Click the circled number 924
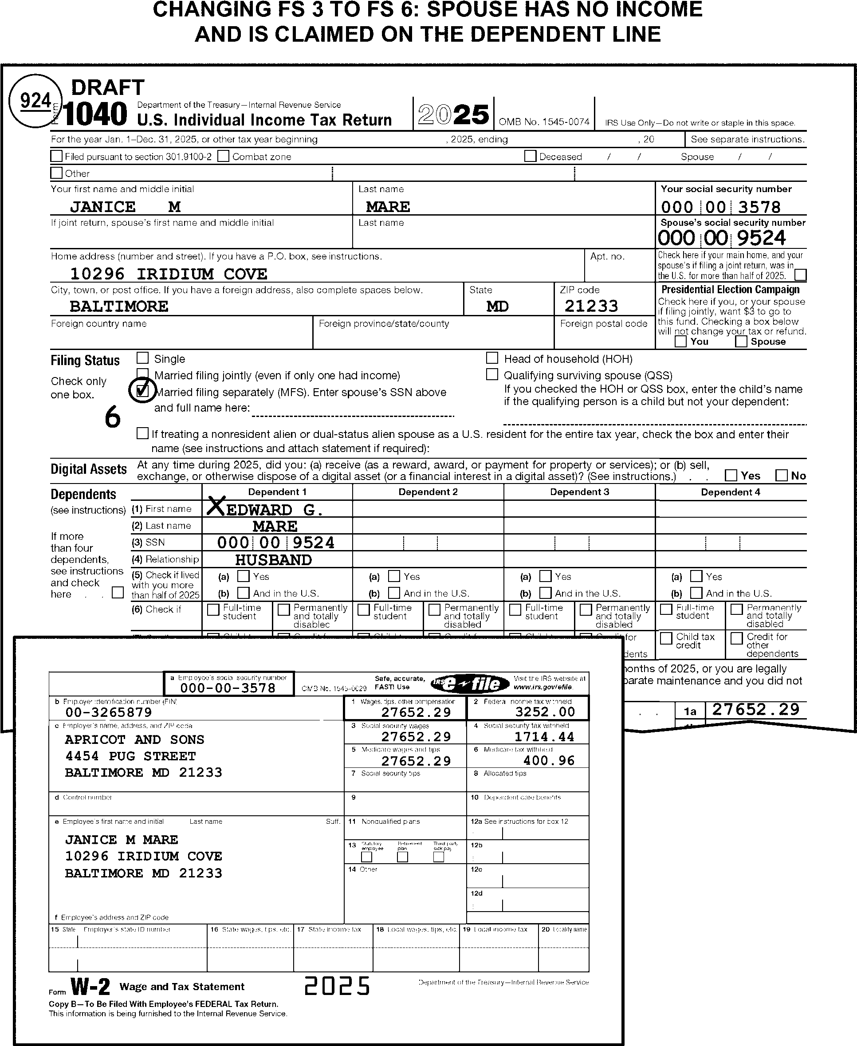pyautogui.click(x=35, y=101)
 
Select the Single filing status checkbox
pyautogui.click(x=143, y=358)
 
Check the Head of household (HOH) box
pyautogui.click(x=492, y=358)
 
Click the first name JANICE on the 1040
pyautogui.click(x=102, y=206)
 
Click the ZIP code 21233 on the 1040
pyautogui.click(x=591, y=306)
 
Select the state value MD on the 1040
pyautogui.click(x=497, y=306)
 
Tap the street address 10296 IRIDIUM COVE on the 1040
pyautogui.click(x=169, y=273)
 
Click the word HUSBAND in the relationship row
pyautogui.click(x=274, y=560)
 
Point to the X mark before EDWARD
pyautogui.click(x=215, y=506)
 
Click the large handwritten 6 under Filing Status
pyautogui.click(x=113, y=417)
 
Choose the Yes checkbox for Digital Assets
pyautogui.click(x=731, y=476)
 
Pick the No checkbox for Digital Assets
pyautogui.click(x=782, y=476)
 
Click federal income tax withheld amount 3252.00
pyautogui.click(x=545, y=712)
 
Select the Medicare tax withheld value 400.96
pyautogui.click(x=549, y=761)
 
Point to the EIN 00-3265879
pyautogui.click(x=109, y=712)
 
